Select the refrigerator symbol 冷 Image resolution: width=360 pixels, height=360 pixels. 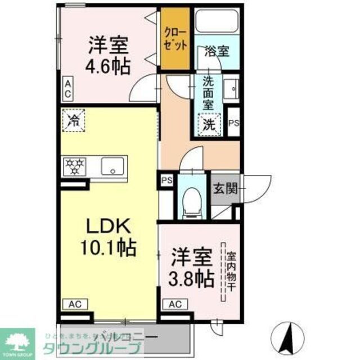tap(73, 119)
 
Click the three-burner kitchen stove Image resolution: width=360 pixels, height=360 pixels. tap(75, 166)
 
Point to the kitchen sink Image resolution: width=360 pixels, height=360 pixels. tap(114, 166)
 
